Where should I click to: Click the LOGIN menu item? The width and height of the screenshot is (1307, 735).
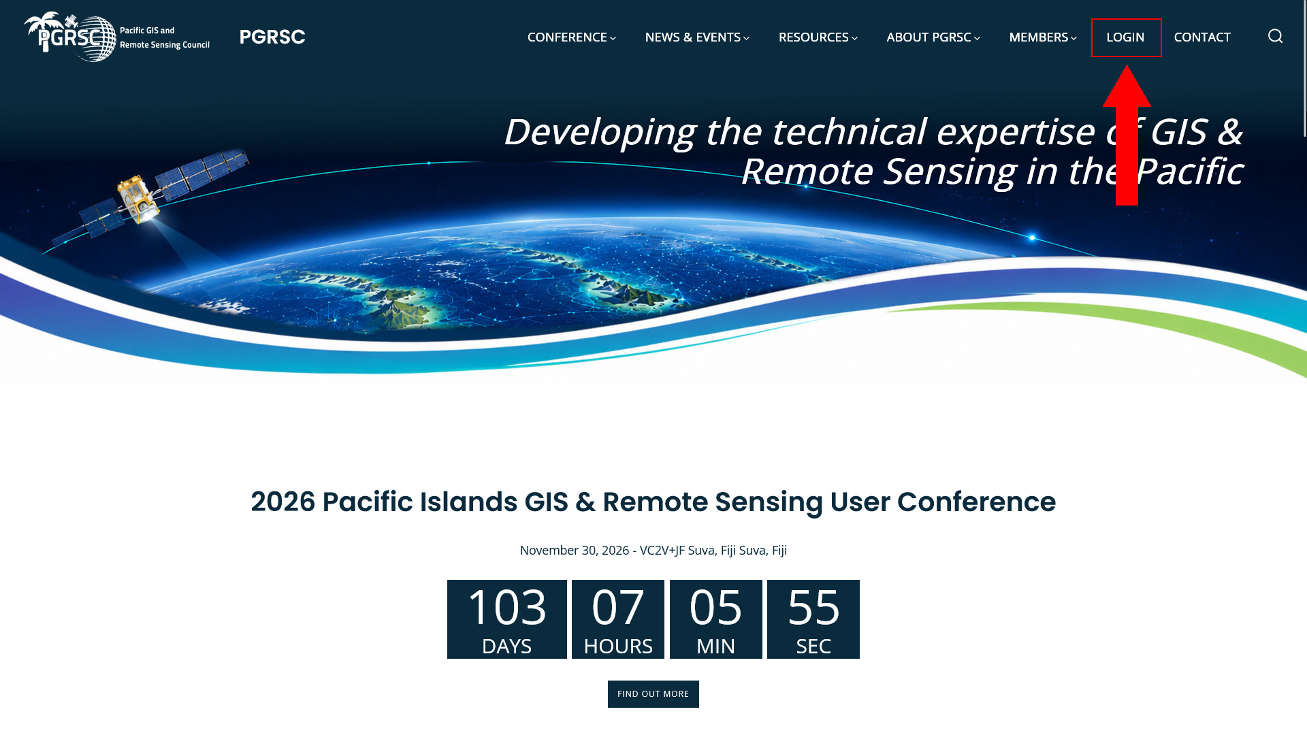(1125, 37)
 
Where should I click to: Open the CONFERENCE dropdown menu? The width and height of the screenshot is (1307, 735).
(571, 37)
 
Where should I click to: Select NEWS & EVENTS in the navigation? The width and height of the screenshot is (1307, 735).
(697, 37)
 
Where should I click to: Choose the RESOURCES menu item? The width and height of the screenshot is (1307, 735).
(818, 37)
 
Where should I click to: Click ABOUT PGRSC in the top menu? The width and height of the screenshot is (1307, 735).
(933, 37)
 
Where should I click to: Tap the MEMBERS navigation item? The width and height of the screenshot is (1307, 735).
(1043, 37)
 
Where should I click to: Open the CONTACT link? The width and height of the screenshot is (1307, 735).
(1202, 37)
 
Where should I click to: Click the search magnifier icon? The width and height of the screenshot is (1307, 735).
(1275, 36)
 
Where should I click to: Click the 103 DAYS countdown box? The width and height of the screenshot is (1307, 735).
(507, 619)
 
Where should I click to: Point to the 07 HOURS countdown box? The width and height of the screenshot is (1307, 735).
(618, 619)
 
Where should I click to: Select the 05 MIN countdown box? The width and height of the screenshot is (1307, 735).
(716, 619)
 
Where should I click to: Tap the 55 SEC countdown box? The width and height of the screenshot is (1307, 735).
(813, 619)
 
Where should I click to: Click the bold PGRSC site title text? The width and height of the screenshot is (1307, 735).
(272, 37)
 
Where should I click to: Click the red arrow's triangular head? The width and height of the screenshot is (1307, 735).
(1127, 87)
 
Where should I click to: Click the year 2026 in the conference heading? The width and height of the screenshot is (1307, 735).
(283, 502)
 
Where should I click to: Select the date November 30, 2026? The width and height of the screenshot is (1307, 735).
(575, 551)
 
